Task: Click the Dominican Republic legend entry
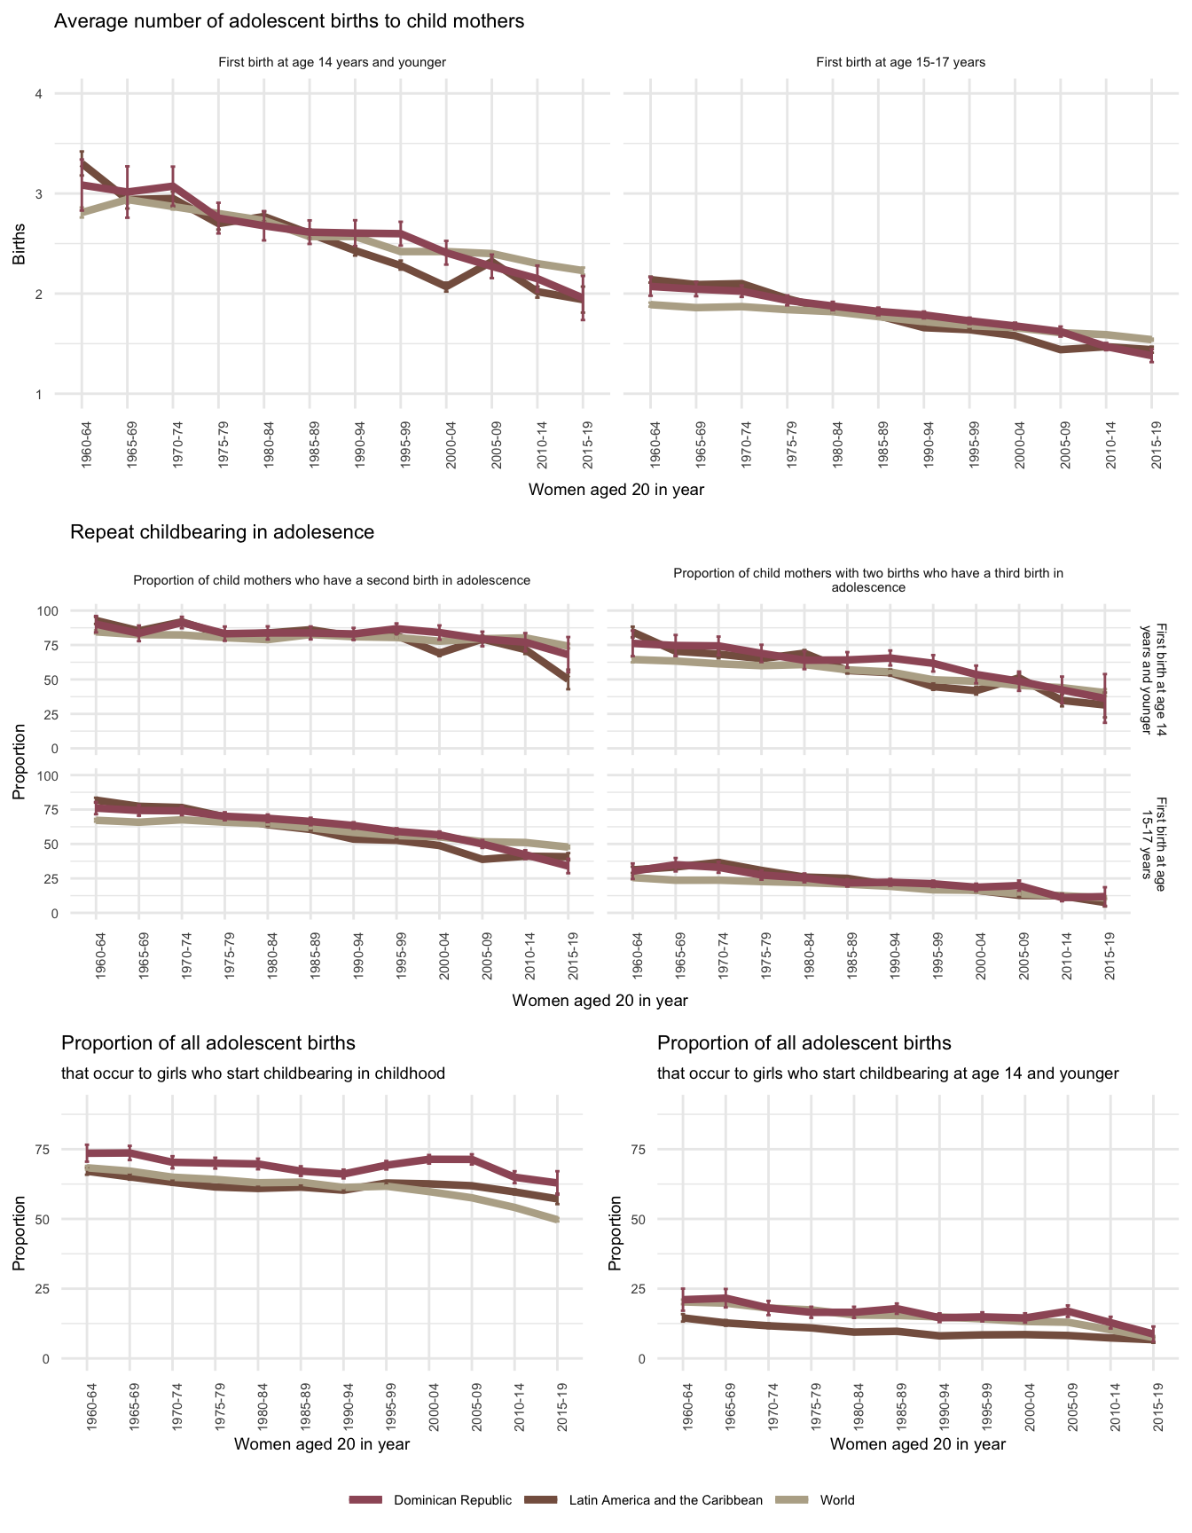tap(452, 1500)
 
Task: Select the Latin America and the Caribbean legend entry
tap(665, 1500)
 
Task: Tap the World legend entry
tap(837, 1500)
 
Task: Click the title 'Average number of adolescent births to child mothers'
tap(289, 21)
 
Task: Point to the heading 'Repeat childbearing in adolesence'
tap(222, 532)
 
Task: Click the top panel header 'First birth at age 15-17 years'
tap(900, 62)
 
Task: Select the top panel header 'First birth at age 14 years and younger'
tap(332, 62)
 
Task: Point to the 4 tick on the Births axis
tap(38, 94)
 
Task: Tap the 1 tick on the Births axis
tap(38, 394)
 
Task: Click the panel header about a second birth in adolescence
tap(332, 580)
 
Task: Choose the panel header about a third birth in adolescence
tap(868, 580)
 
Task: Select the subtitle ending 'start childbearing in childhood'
tap(253, 1073)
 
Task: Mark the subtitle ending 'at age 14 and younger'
tap(888, 1073)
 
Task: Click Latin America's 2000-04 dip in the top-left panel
tap(446, 287)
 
